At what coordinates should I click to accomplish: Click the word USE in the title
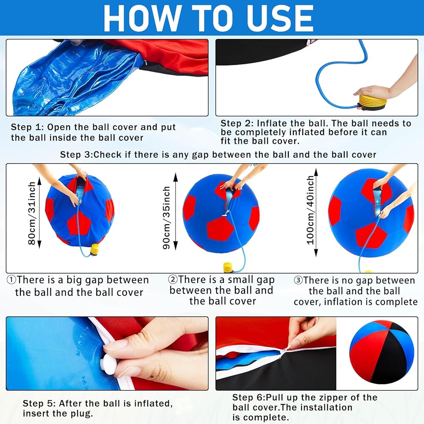280,19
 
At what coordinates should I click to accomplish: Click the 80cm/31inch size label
32,213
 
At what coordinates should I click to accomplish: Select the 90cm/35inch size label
167,218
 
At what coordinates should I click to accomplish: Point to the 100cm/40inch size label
310,210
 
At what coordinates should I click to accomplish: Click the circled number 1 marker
11,280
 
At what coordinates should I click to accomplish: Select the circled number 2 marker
173,279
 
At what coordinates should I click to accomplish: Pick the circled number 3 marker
298,280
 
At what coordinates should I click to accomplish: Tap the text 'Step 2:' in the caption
236,123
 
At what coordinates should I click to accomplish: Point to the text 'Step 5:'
39,404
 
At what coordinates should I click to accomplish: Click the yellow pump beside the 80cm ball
95,250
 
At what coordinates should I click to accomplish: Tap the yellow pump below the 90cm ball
228,268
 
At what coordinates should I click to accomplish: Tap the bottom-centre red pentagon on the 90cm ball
220,229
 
